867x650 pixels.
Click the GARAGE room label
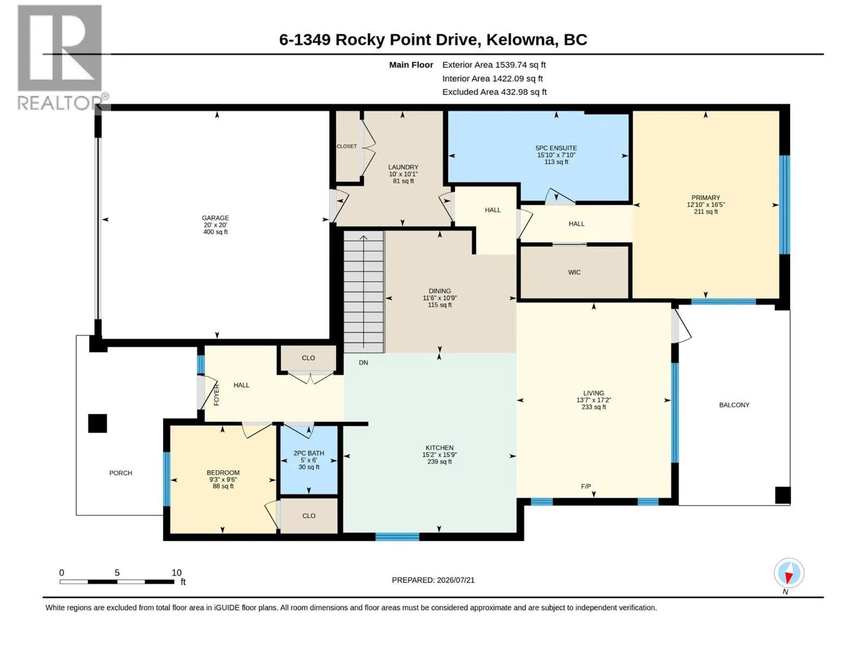tap(215, 218)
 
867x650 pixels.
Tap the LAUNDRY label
tap(403, 167)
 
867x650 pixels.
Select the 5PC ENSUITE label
tap(556, 148)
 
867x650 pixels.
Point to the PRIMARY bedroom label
tap(706, 198)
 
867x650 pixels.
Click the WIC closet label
tap(574, 272)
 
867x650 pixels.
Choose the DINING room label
tap(439, 291)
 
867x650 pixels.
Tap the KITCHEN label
tap(439, 447)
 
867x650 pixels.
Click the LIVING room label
tap(593, 393)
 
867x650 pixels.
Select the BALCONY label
tap(734, 405)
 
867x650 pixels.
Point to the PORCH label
tap(120, 473)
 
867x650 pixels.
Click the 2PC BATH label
tap(308, 453)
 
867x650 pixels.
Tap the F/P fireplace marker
tap(586, 486)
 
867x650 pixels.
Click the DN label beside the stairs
tap(364, 362)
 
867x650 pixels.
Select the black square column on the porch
tap(97, 424)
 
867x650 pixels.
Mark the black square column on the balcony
tap(782, 495)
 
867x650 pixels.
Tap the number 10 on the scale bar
tap(177, 573)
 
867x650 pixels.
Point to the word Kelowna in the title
tap(521, 40)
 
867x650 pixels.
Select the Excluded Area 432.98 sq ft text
tap(494, 92)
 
